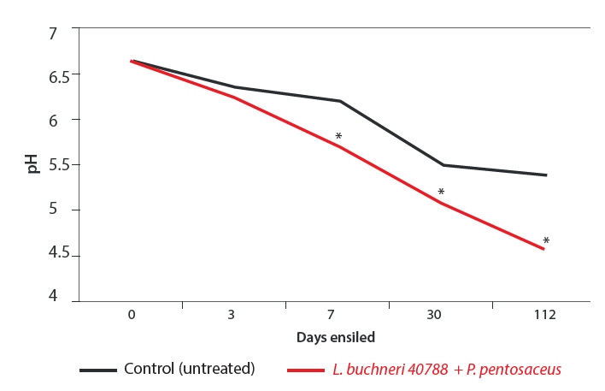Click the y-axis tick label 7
[52, 34]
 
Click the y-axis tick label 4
[52, 296]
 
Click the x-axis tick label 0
[132, 315]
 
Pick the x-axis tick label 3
[232, 315]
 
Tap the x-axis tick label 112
[544, 315]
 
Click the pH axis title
[32, 163]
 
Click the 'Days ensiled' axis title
[336, 337]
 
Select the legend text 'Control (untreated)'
[190, 369]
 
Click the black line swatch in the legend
[97, 370]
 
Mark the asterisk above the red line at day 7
[338, 137]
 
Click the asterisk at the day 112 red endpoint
[546, 241]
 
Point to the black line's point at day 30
[442, 165]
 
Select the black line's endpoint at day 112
[545, 175]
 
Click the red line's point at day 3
[233, 98]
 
